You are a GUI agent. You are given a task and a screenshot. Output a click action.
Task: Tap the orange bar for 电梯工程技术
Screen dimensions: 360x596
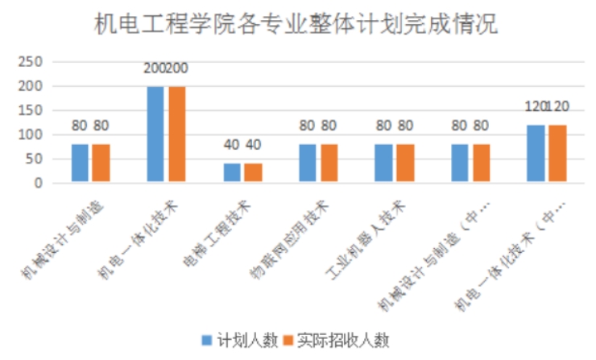[x=252, y=173]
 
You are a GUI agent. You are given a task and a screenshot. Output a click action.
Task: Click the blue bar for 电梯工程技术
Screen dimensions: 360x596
[x=232, y=173]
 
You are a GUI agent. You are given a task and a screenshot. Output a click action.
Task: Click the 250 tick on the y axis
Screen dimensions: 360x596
[x=31, y=61]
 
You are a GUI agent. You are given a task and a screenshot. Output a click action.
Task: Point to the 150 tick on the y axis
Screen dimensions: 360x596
[x=31, y=110]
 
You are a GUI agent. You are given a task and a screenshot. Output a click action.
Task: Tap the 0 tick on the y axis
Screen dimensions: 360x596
[x=37, y=183]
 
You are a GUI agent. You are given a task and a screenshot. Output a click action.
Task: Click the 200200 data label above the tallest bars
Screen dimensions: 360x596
[x=165, y=68]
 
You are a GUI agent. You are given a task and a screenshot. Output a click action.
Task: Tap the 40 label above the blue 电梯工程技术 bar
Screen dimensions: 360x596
[x=232, y=146]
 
